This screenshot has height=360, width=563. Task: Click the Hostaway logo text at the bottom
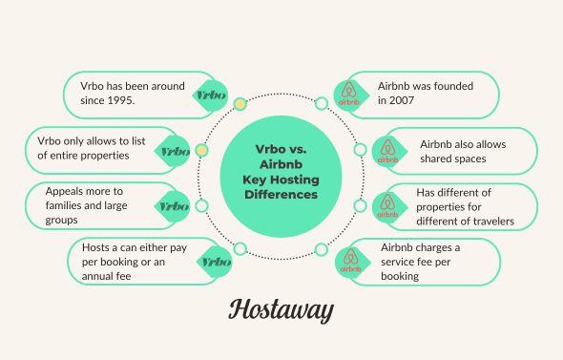click(x=281, y=310)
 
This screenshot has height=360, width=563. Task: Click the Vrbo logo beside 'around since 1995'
click(x=209, y=95)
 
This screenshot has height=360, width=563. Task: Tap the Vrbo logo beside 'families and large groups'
click(x=173, y=206)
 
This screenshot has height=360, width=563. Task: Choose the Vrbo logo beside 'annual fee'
click(x=216, y=262)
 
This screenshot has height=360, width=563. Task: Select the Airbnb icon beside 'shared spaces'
click(x=387, y=151)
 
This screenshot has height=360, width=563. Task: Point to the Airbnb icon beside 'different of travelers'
click(x=387, y=206)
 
